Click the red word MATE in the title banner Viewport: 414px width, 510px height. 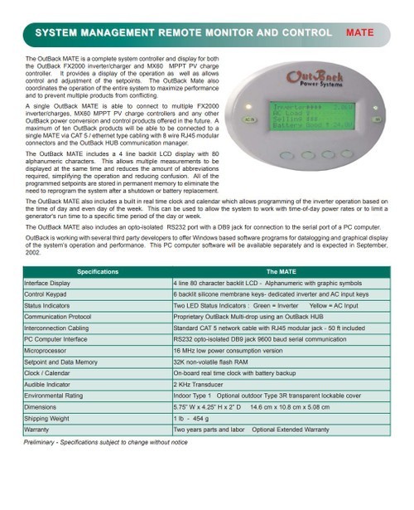coord(360,33)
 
